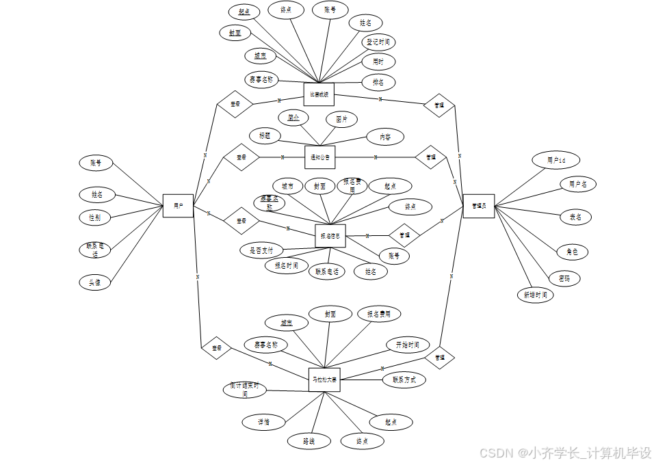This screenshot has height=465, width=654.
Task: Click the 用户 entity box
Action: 178,205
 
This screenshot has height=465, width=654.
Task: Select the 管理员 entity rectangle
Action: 478,206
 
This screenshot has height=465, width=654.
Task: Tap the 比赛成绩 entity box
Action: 318,94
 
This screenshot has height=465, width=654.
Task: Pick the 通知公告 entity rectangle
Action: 319,157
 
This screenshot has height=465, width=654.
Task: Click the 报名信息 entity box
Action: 330,236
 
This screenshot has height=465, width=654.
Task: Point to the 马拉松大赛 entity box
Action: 324,380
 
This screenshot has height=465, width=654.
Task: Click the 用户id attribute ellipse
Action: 555,160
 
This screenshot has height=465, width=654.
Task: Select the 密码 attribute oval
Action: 564,278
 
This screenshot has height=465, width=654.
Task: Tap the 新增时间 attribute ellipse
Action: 535,295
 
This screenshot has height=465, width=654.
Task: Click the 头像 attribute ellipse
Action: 94,282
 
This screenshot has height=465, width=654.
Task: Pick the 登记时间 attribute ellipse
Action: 378,42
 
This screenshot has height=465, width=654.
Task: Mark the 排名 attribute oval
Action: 378,82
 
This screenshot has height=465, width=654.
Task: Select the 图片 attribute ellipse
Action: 341,119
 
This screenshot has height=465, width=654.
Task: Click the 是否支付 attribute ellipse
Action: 262,250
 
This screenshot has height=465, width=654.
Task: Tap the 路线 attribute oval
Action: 309,442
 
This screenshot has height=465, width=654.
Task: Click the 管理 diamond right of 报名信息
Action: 404,235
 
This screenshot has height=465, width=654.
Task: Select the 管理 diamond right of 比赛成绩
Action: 439,105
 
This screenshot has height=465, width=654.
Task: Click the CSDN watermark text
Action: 565,453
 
